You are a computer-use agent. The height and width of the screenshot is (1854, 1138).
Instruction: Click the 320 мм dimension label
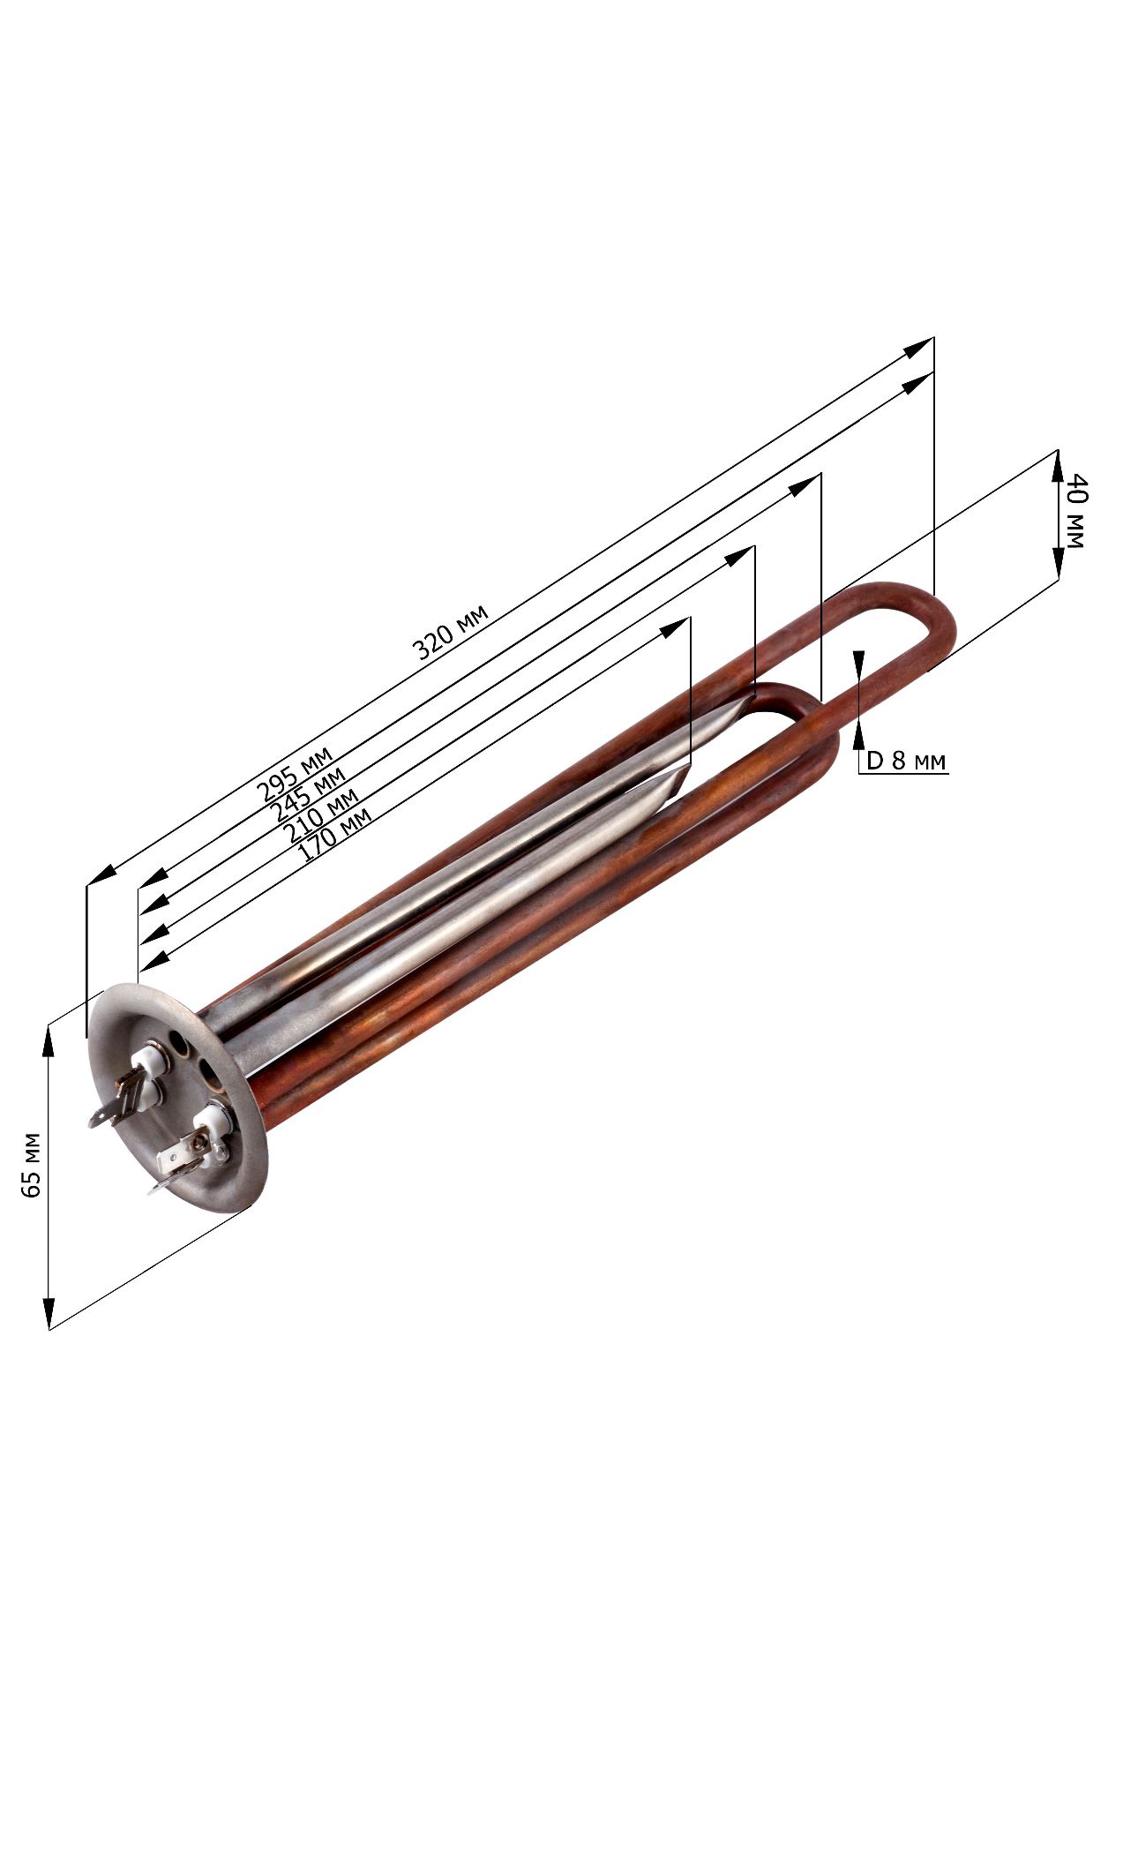[450, 632]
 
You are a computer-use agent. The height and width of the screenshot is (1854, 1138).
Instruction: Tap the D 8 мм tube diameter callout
[906, 760]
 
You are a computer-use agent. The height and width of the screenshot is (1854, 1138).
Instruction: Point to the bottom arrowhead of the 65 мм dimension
[49, 1312]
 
